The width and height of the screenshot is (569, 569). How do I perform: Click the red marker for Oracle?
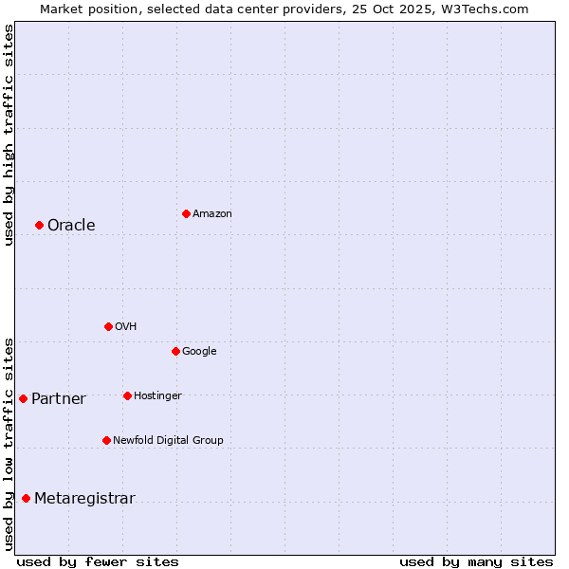(x=39, y=225)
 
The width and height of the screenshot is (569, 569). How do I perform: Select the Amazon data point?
(x=186, y=213)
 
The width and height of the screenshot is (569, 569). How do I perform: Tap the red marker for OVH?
(x=108, y=326)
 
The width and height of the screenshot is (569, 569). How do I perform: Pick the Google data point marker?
(x=175, y=351)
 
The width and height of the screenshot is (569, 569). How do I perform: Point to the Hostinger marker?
(x=127, y=395)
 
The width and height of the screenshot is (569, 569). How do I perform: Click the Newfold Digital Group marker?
(x=106, y=440)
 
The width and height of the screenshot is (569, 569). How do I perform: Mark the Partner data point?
(x=23, y=398)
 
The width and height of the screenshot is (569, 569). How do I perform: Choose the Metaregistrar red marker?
(x=26, y=499)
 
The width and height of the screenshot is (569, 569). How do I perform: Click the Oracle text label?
(x=71, y=226)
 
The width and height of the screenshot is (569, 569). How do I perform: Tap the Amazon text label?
(x=211, y=214)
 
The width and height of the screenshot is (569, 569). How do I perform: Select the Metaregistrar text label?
(x=84, y=499)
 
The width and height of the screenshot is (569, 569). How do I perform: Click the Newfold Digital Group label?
(x=168, y=440)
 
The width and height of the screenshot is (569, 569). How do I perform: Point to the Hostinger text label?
(x=157, y=395)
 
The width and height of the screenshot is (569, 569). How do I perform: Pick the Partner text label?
(x=58, y=399)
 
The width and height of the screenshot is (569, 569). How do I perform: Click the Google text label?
(x=199, y=352)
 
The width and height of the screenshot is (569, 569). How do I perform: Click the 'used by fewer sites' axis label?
(x=98, y=561)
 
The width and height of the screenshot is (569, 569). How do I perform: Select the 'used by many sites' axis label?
(x=476, y=561)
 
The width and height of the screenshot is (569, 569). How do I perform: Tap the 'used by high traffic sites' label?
(x=9, y=135)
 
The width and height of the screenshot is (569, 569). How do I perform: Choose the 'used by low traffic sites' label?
(x=9, y=444)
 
